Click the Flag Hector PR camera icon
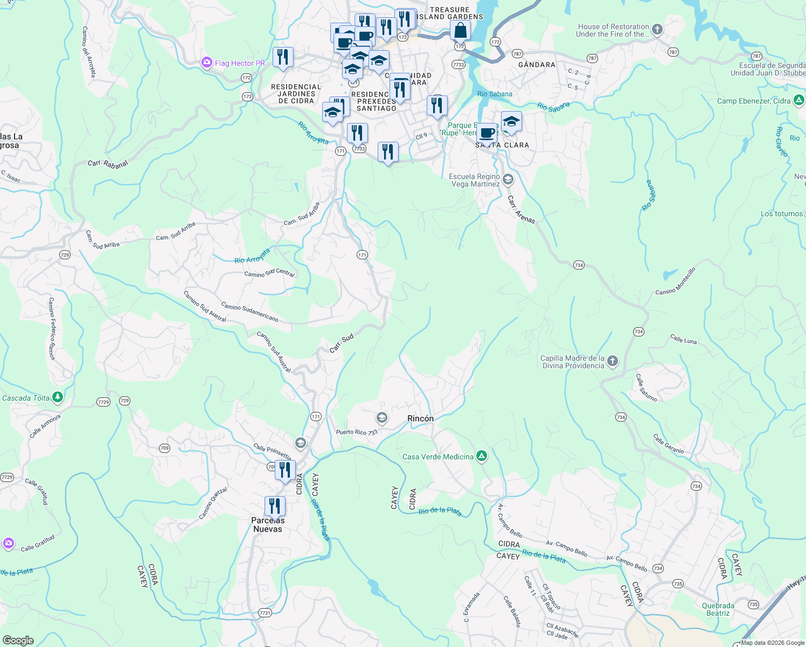coord(206,63)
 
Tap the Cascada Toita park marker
coord(58,398)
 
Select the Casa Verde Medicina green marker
coord(482,457)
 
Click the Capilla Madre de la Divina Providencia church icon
coord(613,361)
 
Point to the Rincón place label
coord(420,418)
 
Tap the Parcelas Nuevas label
coord(268,525)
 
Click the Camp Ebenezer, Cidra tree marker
coord(799,100)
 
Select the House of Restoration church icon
coord(657,30)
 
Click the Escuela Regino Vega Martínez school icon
coord(508,180)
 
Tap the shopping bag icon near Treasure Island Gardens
coord(461,30)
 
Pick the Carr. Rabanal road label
coord(108,163)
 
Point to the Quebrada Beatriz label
coord(718,609)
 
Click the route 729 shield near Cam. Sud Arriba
coord(65,255)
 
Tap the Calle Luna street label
coord(683,339)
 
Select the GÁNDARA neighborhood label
coord(537,65)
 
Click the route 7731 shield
coord(265,613)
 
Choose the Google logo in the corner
coord(18,640)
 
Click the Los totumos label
coord(781,214)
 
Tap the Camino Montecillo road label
coord(676,281)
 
